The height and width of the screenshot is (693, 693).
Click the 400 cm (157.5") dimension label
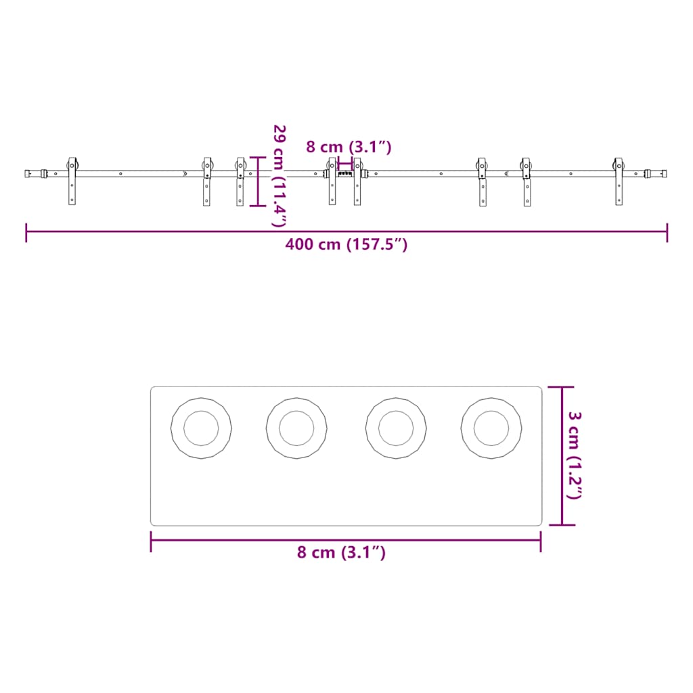pos(346,244)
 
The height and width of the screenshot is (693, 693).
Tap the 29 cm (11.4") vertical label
pos(280,176)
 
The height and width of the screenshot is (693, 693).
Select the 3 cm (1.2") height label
pos(575,455)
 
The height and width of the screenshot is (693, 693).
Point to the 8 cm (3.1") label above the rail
pos(349,147)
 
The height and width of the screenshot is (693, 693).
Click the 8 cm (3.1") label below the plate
pos(341,552)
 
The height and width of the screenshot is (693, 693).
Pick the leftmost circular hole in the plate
pos(201,428)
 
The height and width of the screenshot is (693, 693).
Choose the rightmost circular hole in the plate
pos(491,428)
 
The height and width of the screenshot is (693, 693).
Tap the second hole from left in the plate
pos(296,428)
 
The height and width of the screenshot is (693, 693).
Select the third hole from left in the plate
pos(396,428)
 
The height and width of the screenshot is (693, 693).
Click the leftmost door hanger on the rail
pos(72,181)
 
